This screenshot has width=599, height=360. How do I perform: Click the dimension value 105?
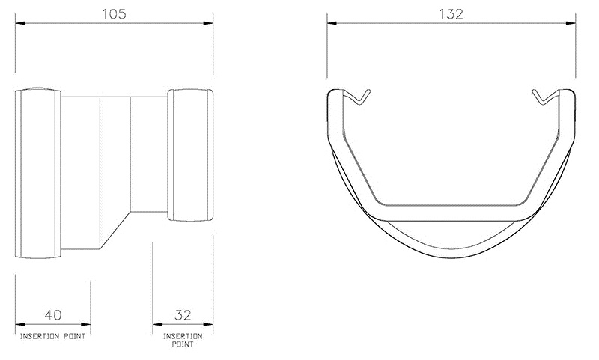point(115,13)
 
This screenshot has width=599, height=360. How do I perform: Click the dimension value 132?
point(451,13)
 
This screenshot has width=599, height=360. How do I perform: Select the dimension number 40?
point(52,314)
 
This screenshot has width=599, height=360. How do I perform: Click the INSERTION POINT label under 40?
point(52,336)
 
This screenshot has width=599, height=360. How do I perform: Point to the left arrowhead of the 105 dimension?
point(19,24)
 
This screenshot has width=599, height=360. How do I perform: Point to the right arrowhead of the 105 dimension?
point(210,24)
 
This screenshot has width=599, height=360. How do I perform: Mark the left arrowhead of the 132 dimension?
point(330,24)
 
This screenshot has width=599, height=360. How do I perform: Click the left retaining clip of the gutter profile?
point(359,97)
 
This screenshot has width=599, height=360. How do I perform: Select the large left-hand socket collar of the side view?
point(37,173)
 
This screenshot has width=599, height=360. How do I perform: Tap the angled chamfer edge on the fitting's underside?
point(116,234)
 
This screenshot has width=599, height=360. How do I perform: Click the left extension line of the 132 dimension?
point(327,49)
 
